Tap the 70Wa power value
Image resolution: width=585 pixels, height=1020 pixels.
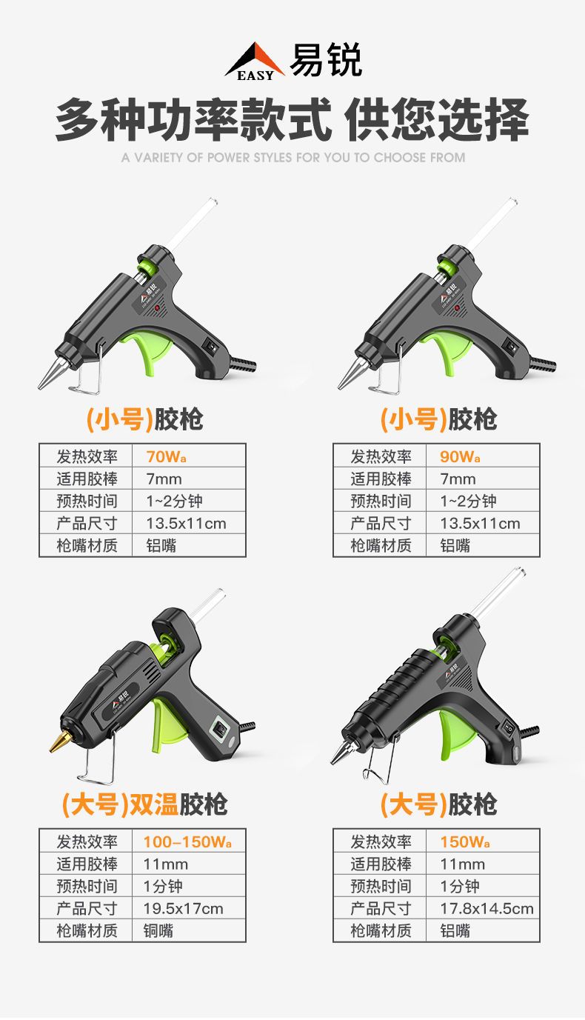click(166, 456)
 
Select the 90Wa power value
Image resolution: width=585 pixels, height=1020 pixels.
click(460, 456)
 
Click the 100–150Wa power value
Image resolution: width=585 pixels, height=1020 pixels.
click(187, 842)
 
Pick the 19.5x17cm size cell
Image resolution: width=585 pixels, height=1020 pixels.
click(183, 908)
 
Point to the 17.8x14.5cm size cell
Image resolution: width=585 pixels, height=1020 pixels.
click(487, 908)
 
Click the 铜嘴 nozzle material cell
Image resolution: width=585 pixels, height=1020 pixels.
click(158, 931)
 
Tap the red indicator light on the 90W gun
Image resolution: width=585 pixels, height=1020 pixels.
click(457, 308)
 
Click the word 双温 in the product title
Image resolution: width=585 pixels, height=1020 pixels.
click(154, 804)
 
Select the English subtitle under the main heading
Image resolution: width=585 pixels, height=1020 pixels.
click(293, 158)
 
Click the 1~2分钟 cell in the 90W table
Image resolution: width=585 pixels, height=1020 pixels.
click(468, 501)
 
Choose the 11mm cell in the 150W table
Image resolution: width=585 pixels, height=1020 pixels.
click(462, 864)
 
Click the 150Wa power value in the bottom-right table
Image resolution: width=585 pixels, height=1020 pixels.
click(465, 842)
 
